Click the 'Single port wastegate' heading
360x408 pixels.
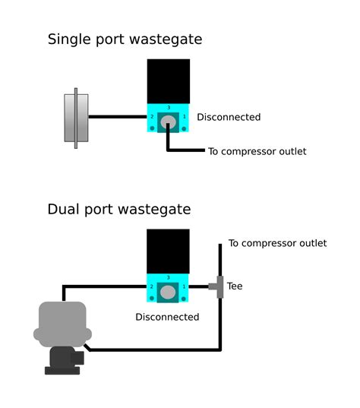tap(125, 40)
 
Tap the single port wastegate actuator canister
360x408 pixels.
tap(76, 118)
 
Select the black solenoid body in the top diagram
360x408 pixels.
tap(168, 80)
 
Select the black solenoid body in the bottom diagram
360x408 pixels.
tap(168, 251)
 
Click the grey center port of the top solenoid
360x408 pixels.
tap(168, 122)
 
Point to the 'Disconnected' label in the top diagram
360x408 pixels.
tap(229, 117)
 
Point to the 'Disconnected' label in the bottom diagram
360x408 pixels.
tap(167, 317)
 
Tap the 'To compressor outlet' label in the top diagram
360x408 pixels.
tap(257, 151)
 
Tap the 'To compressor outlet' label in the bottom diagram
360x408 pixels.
tap(277, 243)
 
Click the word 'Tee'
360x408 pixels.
tap(235, 286)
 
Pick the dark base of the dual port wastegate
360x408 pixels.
tap(61, 361)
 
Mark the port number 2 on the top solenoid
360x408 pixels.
tap(152, 118)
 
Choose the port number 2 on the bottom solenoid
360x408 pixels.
tap(152, 288)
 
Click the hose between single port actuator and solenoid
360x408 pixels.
tap(118, 117)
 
